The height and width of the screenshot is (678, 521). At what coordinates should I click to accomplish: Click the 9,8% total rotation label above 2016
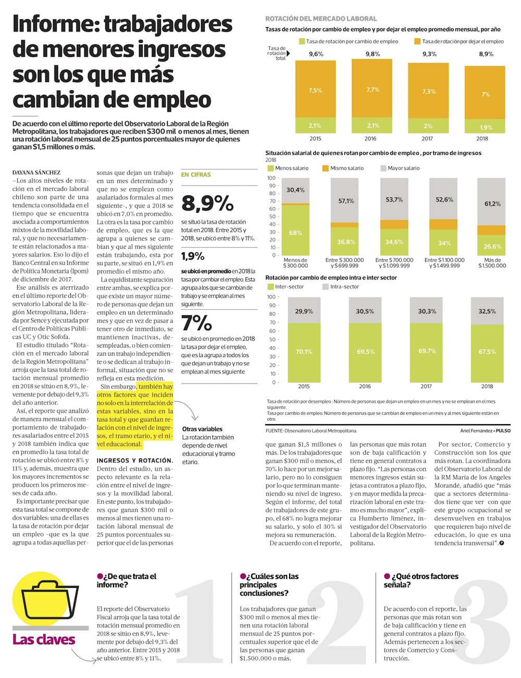[373, 54]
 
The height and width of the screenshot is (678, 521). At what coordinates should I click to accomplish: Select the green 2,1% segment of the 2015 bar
[315, 126]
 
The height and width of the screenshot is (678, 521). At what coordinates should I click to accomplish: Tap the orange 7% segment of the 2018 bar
[486, 94]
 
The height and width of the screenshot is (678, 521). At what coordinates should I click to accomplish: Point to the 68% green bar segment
[295, 232]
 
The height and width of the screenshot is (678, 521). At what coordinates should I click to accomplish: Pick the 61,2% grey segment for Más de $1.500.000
[492, 204]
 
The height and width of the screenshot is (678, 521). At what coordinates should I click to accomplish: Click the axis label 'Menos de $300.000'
[295, 263]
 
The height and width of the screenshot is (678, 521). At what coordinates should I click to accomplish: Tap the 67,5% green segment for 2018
[487, 352]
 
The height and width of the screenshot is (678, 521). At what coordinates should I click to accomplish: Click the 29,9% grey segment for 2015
[304, 312]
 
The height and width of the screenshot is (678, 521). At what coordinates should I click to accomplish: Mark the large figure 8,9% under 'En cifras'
[207, 203]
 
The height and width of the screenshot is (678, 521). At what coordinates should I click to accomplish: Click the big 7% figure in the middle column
[196, 323]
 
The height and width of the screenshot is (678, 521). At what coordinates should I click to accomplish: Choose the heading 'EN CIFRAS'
[196, 175]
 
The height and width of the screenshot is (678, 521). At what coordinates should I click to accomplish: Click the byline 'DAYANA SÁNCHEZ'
[36, 172]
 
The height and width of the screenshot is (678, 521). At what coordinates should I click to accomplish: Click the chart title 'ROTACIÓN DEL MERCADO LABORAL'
[321, 19]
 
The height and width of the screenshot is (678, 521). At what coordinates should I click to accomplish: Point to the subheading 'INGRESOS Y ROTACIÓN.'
[135, 461]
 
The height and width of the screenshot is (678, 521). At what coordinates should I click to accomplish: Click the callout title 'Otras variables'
[202, 429]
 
